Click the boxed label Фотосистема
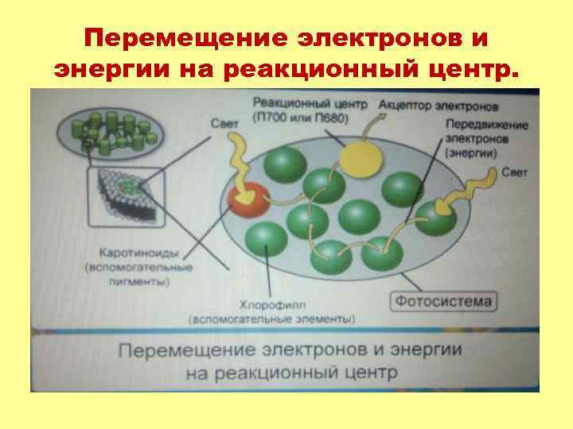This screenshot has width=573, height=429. [443, 301]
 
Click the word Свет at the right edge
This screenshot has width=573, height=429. [514, 172]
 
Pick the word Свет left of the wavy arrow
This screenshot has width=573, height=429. [225, 125]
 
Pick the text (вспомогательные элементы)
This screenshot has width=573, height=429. [271, 319]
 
